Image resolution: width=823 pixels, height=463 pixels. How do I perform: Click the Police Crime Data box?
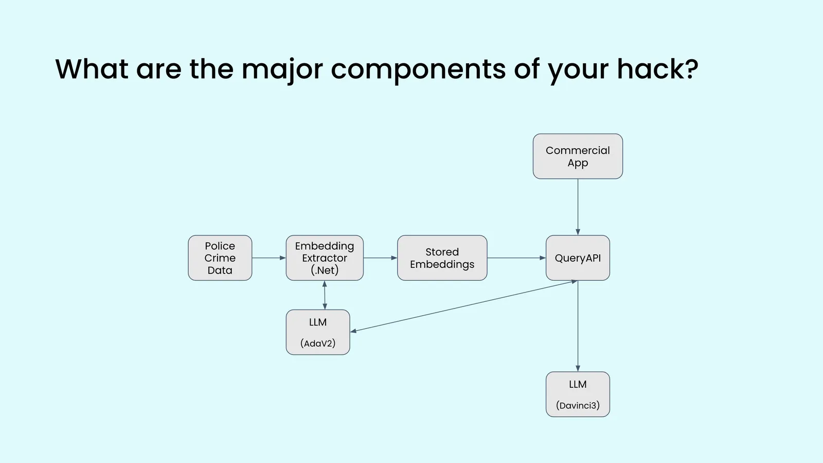[x=220, y=258]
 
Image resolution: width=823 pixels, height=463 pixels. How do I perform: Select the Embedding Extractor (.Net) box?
[x=324, y=258]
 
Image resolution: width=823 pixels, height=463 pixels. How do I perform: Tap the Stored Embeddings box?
[x=442, y=258]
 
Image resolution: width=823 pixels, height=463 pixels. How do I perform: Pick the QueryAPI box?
[x=578, y=258]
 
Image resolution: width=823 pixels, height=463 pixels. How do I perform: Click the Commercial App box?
[x=578, y=157]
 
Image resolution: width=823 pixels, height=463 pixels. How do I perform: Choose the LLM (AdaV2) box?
[x=317, y=332]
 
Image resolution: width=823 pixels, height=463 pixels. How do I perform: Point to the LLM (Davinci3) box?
[x=578, y=395]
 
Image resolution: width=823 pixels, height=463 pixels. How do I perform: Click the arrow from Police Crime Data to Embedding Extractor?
[x=269, y=258]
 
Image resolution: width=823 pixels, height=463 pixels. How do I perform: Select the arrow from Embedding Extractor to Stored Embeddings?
[x=380, y=258]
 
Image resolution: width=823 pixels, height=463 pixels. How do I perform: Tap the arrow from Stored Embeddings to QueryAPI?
[x=516, y=258]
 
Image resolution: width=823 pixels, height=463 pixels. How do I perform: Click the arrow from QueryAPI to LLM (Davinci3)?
[x=578, y=326]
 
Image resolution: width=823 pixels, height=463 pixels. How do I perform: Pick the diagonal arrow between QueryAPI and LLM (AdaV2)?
[x=463, y=306]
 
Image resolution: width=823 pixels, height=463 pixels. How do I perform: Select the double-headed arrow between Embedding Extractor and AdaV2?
[x=325, y=295]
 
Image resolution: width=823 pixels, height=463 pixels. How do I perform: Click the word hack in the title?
[x=656, y=68]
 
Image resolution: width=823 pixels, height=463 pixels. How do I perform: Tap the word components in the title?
[x=418, y=70]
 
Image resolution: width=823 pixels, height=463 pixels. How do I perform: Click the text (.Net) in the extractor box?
[x=325, y=270]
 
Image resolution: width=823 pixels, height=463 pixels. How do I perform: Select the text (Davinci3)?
[x=578, y=405]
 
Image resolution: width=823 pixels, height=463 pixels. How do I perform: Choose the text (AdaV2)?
[x=317, y=344]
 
